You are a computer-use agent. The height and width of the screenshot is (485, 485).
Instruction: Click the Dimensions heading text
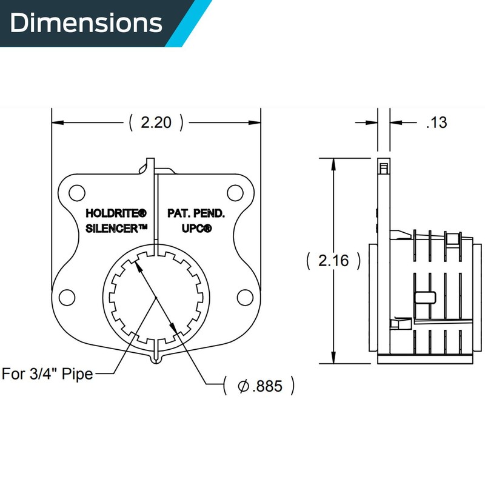[x=85, y=23]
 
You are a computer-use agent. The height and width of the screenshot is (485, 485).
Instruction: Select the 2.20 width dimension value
[x=156, y=122]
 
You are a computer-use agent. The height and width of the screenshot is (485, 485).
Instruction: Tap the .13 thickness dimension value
[x=436, y=122]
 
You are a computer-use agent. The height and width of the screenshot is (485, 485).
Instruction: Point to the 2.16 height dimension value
[x=333, y=261]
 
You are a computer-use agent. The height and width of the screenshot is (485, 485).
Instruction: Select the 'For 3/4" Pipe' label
[x=47, y=373]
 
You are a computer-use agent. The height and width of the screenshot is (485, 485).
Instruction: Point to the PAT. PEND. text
[x=196, y=214]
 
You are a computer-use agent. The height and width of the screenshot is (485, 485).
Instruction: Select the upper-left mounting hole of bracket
[x=76, y=193]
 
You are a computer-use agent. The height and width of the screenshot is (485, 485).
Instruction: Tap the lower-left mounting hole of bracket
[x=67, y=297]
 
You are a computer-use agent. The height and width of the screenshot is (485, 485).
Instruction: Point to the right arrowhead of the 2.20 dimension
[x=255, y=122]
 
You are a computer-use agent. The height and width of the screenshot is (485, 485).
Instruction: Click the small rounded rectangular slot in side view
[x=425, y=296]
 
